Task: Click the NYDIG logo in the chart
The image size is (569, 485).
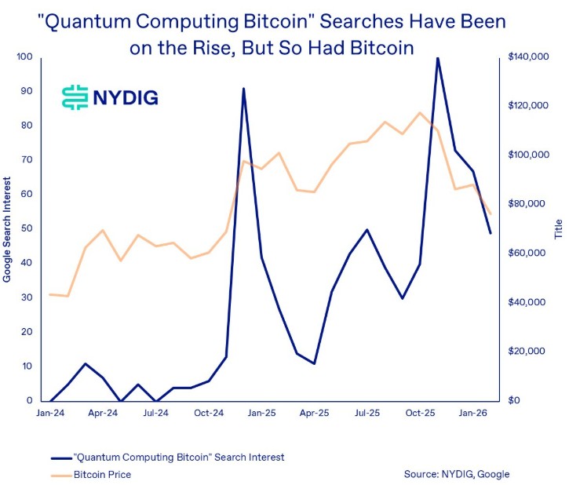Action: [110, 97]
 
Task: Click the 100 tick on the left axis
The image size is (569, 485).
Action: [24, 57]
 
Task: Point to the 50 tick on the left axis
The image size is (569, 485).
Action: [27, 228]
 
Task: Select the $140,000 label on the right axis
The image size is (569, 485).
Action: [528, 57]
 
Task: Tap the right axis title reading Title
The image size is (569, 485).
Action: [559, 229]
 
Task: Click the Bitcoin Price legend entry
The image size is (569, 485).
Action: [102, 474]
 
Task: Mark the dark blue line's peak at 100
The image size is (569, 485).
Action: [437, 58]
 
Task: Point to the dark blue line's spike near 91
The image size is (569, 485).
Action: [244, 89]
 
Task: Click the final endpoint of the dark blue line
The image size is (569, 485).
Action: [491, 233]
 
